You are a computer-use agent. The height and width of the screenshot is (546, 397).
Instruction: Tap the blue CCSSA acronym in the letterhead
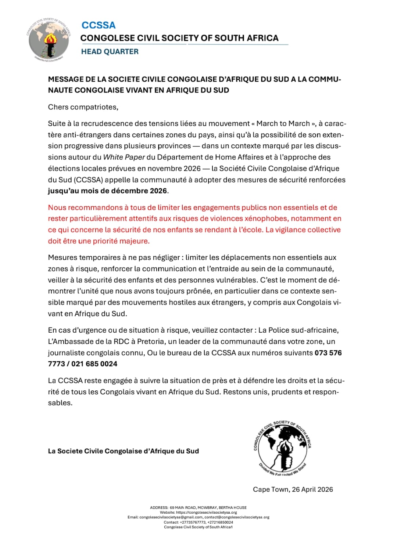(x=98, y=25)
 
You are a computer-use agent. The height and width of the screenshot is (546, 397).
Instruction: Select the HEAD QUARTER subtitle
(x=110, y=51)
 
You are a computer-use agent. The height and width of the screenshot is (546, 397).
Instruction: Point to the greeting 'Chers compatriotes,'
(x=83, y=107)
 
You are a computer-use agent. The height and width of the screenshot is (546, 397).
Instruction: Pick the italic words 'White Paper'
(x=124, y=157)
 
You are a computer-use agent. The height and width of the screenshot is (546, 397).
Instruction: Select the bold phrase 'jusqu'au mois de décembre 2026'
(x=108, y=191)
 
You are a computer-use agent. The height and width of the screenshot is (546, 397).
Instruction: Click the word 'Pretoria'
(x=150, y=341)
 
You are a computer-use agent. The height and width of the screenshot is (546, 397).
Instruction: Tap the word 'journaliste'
(x=67, y=353)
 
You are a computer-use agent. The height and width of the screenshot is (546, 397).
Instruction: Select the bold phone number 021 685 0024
(x=94, y=364)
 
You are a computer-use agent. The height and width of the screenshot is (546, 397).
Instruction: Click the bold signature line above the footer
(x=123, y=451)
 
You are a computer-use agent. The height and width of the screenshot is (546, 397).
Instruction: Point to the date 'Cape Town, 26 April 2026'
(x=293, y=489)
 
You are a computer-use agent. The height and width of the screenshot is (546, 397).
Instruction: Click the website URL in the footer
(x=206, y=512)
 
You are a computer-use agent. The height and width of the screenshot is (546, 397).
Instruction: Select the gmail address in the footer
(x=171, y=517)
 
